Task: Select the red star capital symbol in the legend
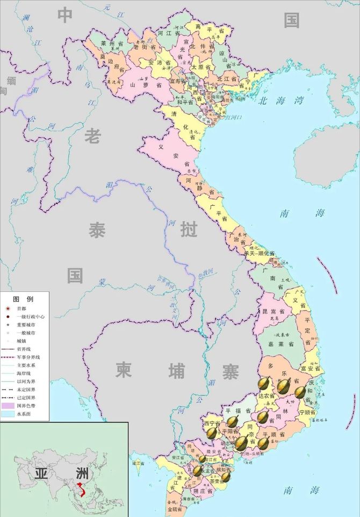point(8,309)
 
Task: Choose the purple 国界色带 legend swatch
point(8,405)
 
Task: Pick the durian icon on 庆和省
point(300,392)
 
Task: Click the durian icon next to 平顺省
point(263,443)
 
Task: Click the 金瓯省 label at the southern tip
point(175,508)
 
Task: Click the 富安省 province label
point(311,369)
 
